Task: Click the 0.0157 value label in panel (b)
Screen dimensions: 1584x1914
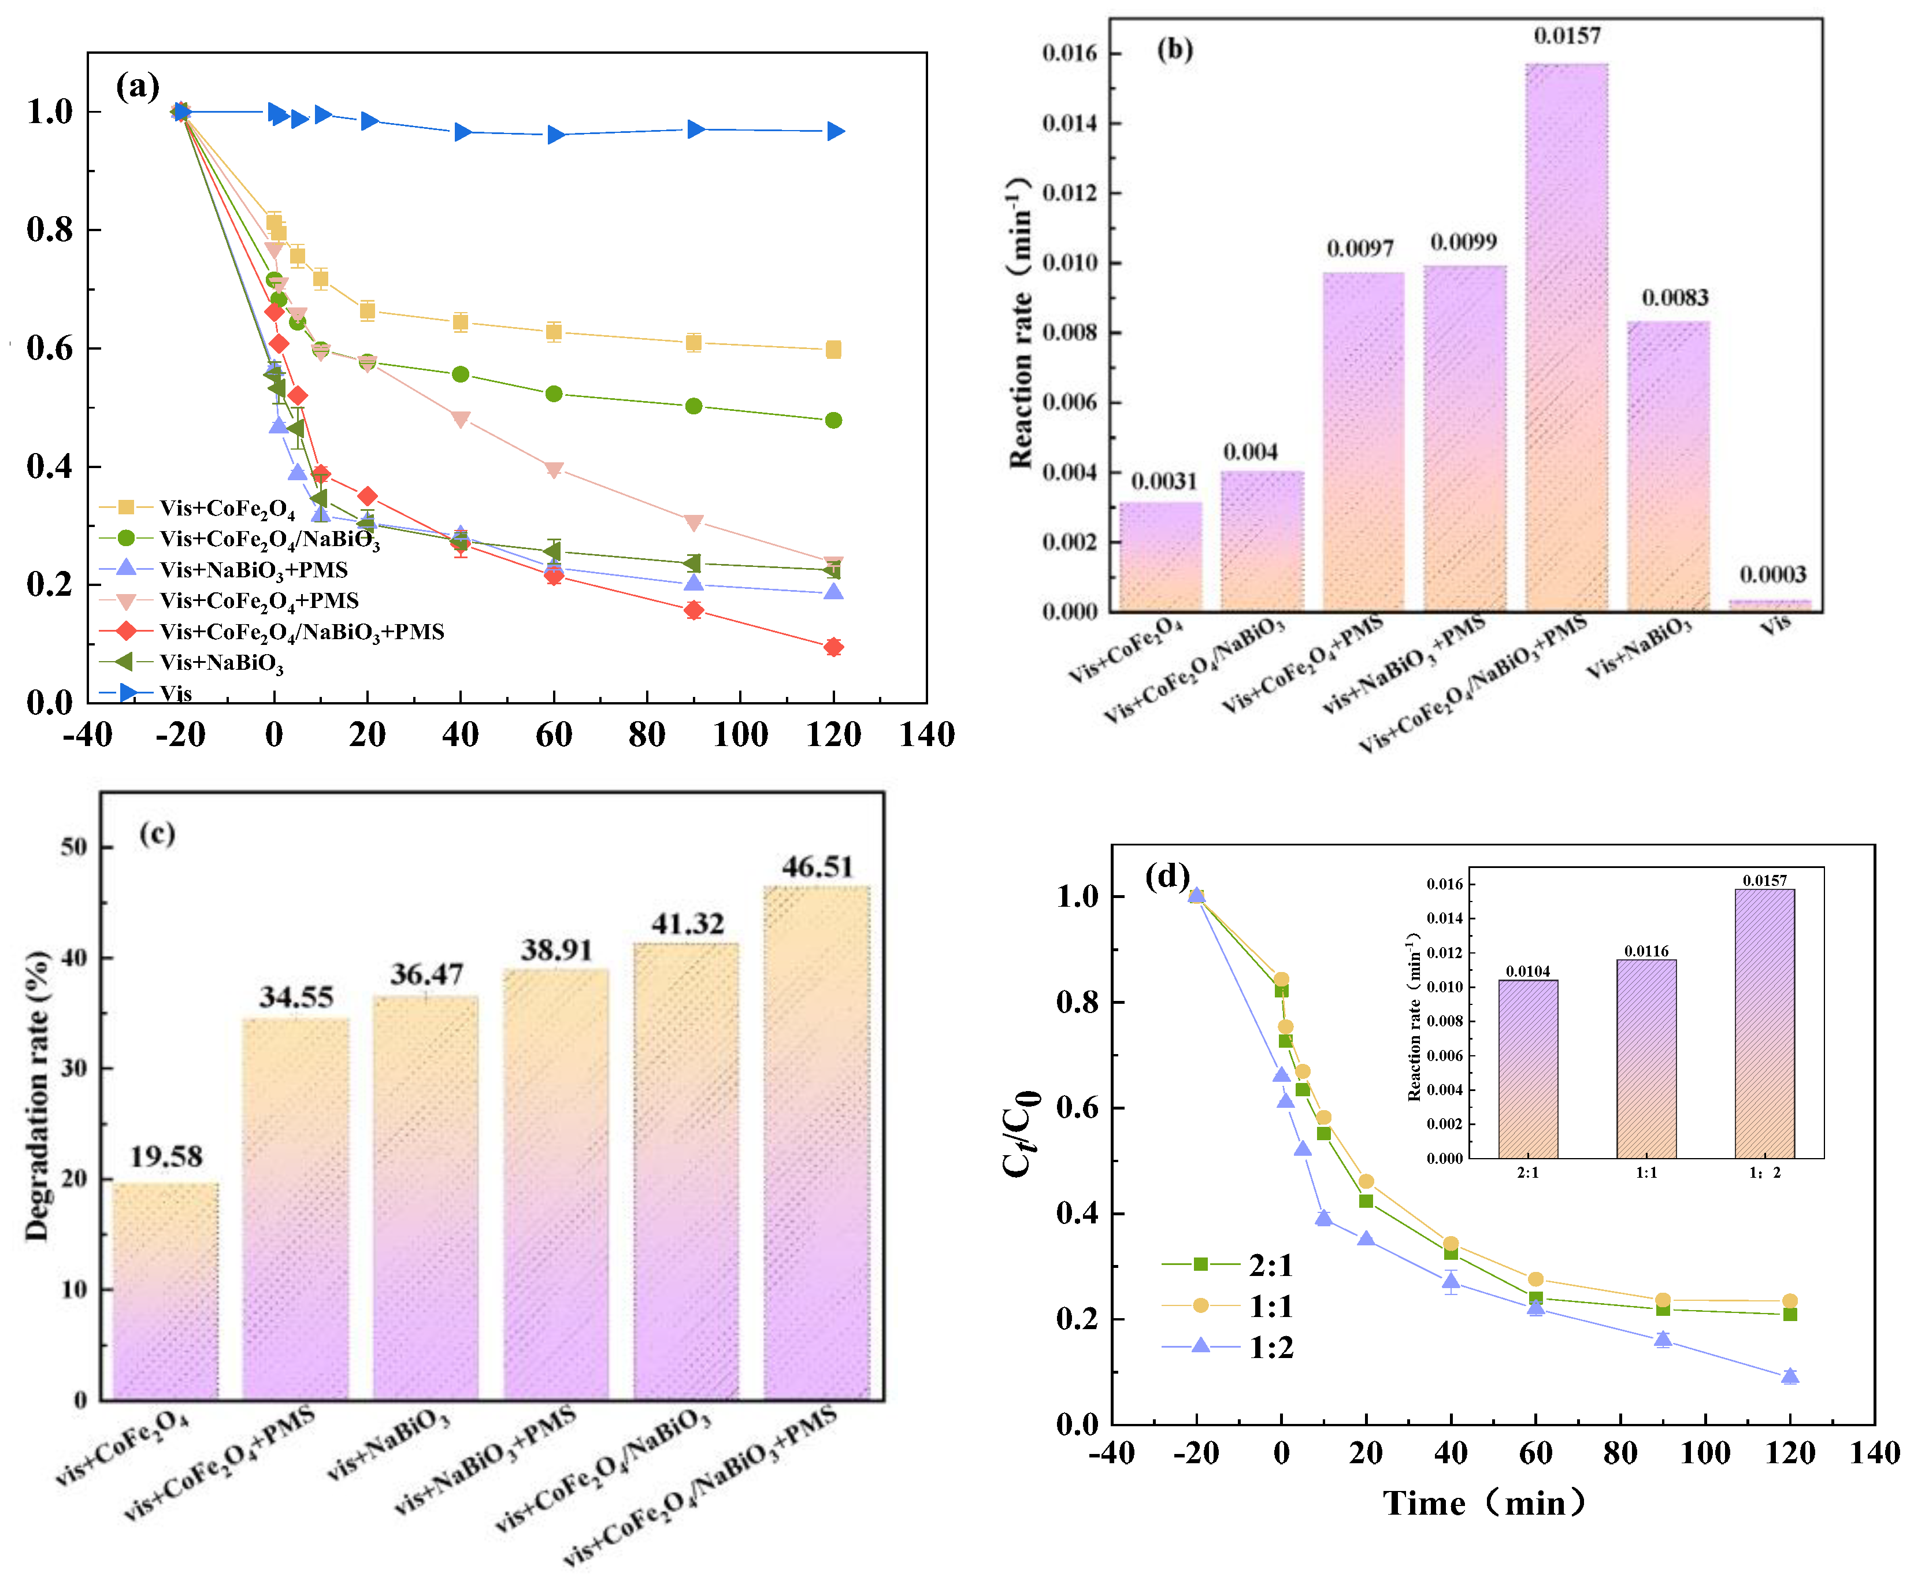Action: (1566, 36)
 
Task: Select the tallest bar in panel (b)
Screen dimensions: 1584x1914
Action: (1566, 337)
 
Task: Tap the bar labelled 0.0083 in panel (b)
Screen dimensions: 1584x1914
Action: (1668, 465)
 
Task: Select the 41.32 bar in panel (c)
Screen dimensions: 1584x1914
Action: (687, 1171)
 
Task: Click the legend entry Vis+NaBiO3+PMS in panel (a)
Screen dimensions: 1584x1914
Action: (253, 570)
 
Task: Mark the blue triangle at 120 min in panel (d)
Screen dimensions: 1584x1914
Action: (1790, 1376)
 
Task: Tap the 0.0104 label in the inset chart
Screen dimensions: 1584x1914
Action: (1527, 971)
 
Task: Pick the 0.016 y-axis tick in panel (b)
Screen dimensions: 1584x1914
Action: (1070, 53)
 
